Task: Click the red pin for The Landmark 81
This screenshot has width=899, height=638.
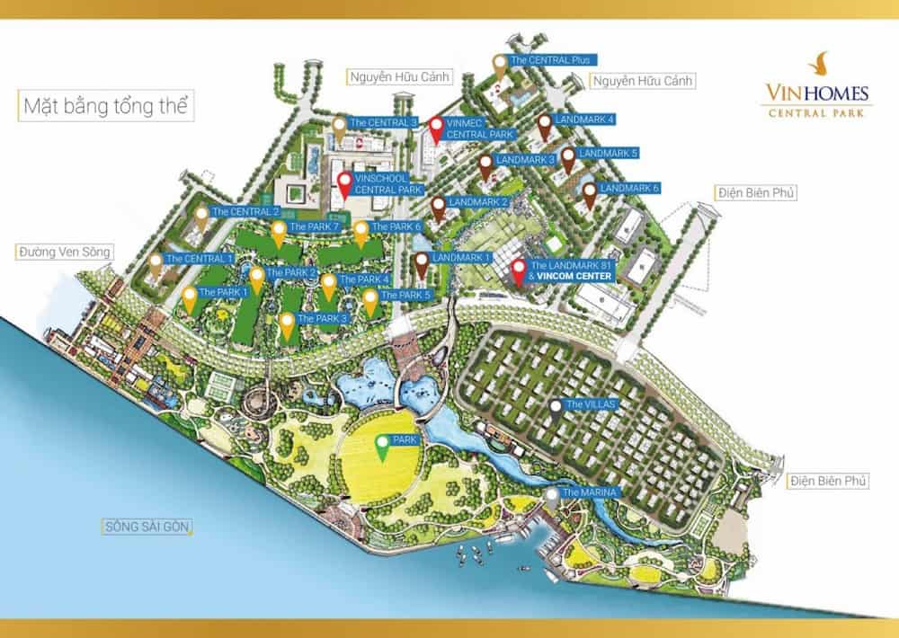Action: [x=519, y=270]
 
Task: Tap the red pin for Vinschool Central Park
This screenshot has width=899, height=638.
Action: [x=345, y=186]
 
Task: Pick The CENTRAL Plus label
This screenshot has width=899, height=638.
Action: [x=549, y=60]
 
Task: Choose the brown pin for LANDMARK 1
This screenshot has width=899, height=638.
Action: [x=422, y=264]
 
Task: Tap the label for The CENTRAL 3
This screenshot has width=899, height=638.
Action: [x=384, y=121]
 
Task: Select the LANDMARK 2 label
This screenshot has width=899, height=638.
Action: [x=477, y=202]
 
